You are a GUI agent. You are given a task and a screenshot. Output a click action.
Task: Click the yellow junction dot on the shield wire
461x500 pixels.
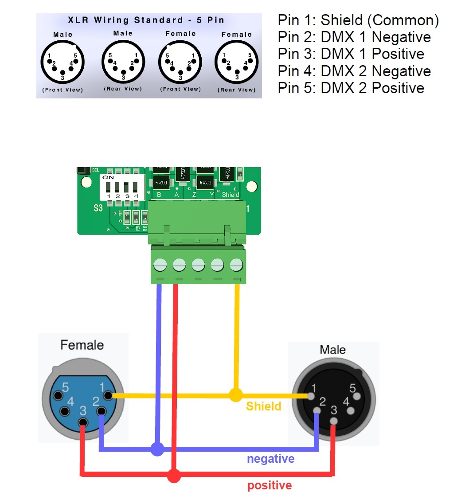(236, 395)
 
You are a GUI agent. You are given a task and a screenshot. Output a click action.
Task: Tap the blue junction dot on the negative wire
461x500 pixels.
(156, 449)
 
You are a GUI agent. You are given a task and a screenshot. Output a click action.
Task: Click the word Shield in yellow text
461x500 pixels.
(263, 406)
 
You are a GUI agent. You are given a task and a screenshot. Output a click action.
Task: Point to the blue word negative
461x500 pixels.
(270, 459)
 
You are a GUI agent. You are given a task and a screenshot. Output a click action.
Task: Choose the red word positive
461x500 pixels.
(270, 485)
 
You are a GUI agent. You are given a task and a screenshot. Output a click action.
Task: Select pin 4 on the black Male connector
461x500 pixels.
(351, 410)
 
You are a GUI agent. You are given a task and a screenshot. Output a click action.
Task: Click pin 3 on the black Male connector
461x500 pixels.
(334, 421)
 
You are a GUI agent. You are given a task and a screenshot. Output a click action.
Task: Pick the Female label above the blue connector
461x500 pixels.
(82, 345)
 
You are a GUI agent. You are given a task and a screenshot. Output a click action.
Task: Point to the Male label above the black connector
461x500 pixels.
(332, 350)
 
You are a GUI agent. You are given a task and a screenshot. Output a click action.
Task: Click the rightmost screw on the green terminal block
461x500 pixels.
(236, 265)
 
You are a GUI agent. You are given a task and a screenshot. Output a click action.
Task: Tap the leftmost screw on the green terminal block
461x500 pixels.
(160, 265)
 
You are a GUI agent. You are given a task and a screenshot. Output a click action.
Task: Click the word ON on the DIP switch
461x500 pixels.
(108, 177)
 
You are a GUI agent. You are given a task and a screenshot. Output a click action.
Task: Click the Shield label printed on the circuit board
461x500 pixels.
(230, 195)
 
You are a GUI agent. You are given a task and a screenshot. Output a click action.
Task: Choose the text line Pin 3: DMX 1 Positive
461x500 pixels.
(351, 54)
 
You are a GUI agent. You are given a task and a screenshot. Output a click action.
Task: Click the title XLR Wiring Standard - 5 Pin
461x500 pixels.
(146, 20)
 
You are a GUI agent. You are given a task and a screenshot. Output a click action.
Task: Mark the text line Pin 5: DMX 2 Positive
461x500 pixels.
(351, 88)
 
